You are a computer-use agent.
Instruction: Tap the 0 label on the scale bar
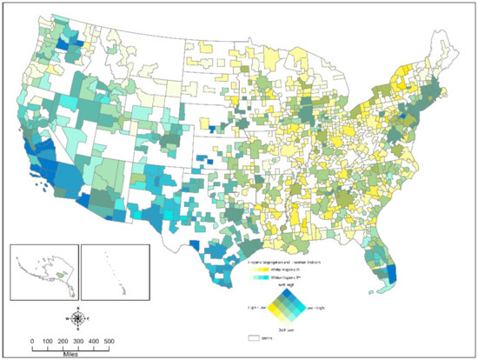pos(32,340)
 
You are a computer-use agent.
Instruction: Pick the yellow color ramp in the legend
pos(262,270)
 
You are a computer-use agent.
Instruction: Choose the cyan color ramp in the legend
pos(262,278)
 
